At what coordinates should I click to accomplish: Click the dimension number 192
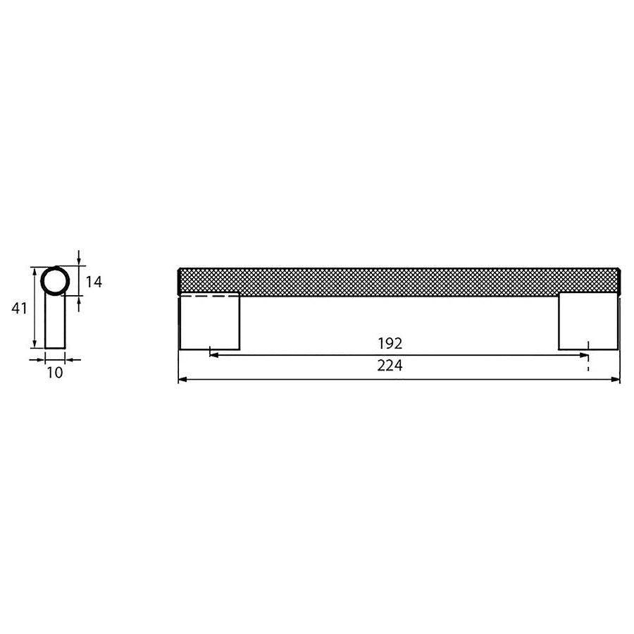coord(390,344)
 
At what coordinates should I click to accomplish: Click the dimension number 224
coord(390,366)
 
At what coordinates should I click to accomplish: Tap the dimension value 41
coord(20,308)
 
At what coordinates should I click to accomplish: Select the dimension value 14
coord(94,282)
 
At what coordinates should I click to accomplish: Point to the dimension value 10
coord(54,373)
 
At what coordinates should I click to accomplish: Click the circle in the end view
coord(55,281)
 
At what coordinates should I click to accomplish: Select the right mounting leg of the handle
coord(588,321)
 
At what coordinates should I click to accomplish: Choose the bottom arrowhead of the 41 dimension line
coord(34,343)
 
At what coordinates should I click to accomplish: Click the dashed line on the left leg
coord(210,297)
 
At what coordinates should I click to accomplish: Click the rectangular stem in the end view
coord(55,324)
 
